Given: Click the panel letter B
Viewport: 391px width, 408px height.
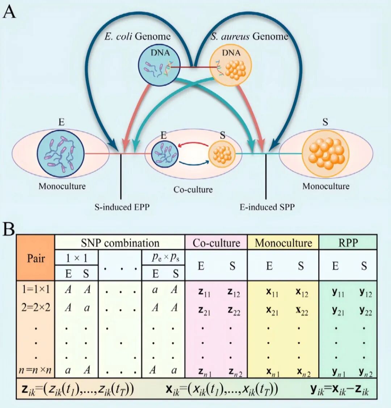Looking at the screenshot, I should pos(9,229).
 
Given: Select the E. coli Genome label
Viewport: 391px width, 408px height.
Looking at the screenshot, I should pos(138,37).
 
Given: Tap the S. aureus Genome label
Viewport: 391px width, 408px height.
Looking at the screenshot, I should pos(249,37).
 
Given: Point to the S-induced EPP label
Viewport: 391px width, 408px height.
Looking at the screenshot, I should pos(122,207).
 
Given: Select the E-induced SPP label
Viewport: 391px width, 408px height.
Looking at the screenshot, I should pos(267,207).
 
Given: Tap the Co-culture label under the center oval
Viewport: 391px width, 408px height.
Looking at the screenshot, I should pos(193,189).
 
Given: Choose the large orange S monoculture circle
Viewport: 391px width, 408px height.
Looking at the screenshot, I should pos(325,151).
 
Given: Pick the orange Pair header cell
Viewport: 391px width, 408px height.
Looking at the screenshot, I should pos(36,258).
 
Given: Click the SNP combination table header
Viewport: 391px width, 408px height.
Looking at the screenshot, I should pos(120,243).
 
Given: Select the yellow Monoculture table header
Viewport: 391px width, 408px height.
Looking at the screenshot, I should pos(283,243).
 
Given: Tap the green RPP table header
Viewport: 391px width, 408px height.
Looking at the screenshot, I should pos(348,243).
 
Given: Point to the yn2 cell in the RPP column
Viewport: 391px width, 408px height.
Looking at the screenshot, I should pos(365,371).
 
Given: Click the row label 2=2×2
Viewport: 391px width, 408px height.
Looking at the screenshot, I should pos(35,307).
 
